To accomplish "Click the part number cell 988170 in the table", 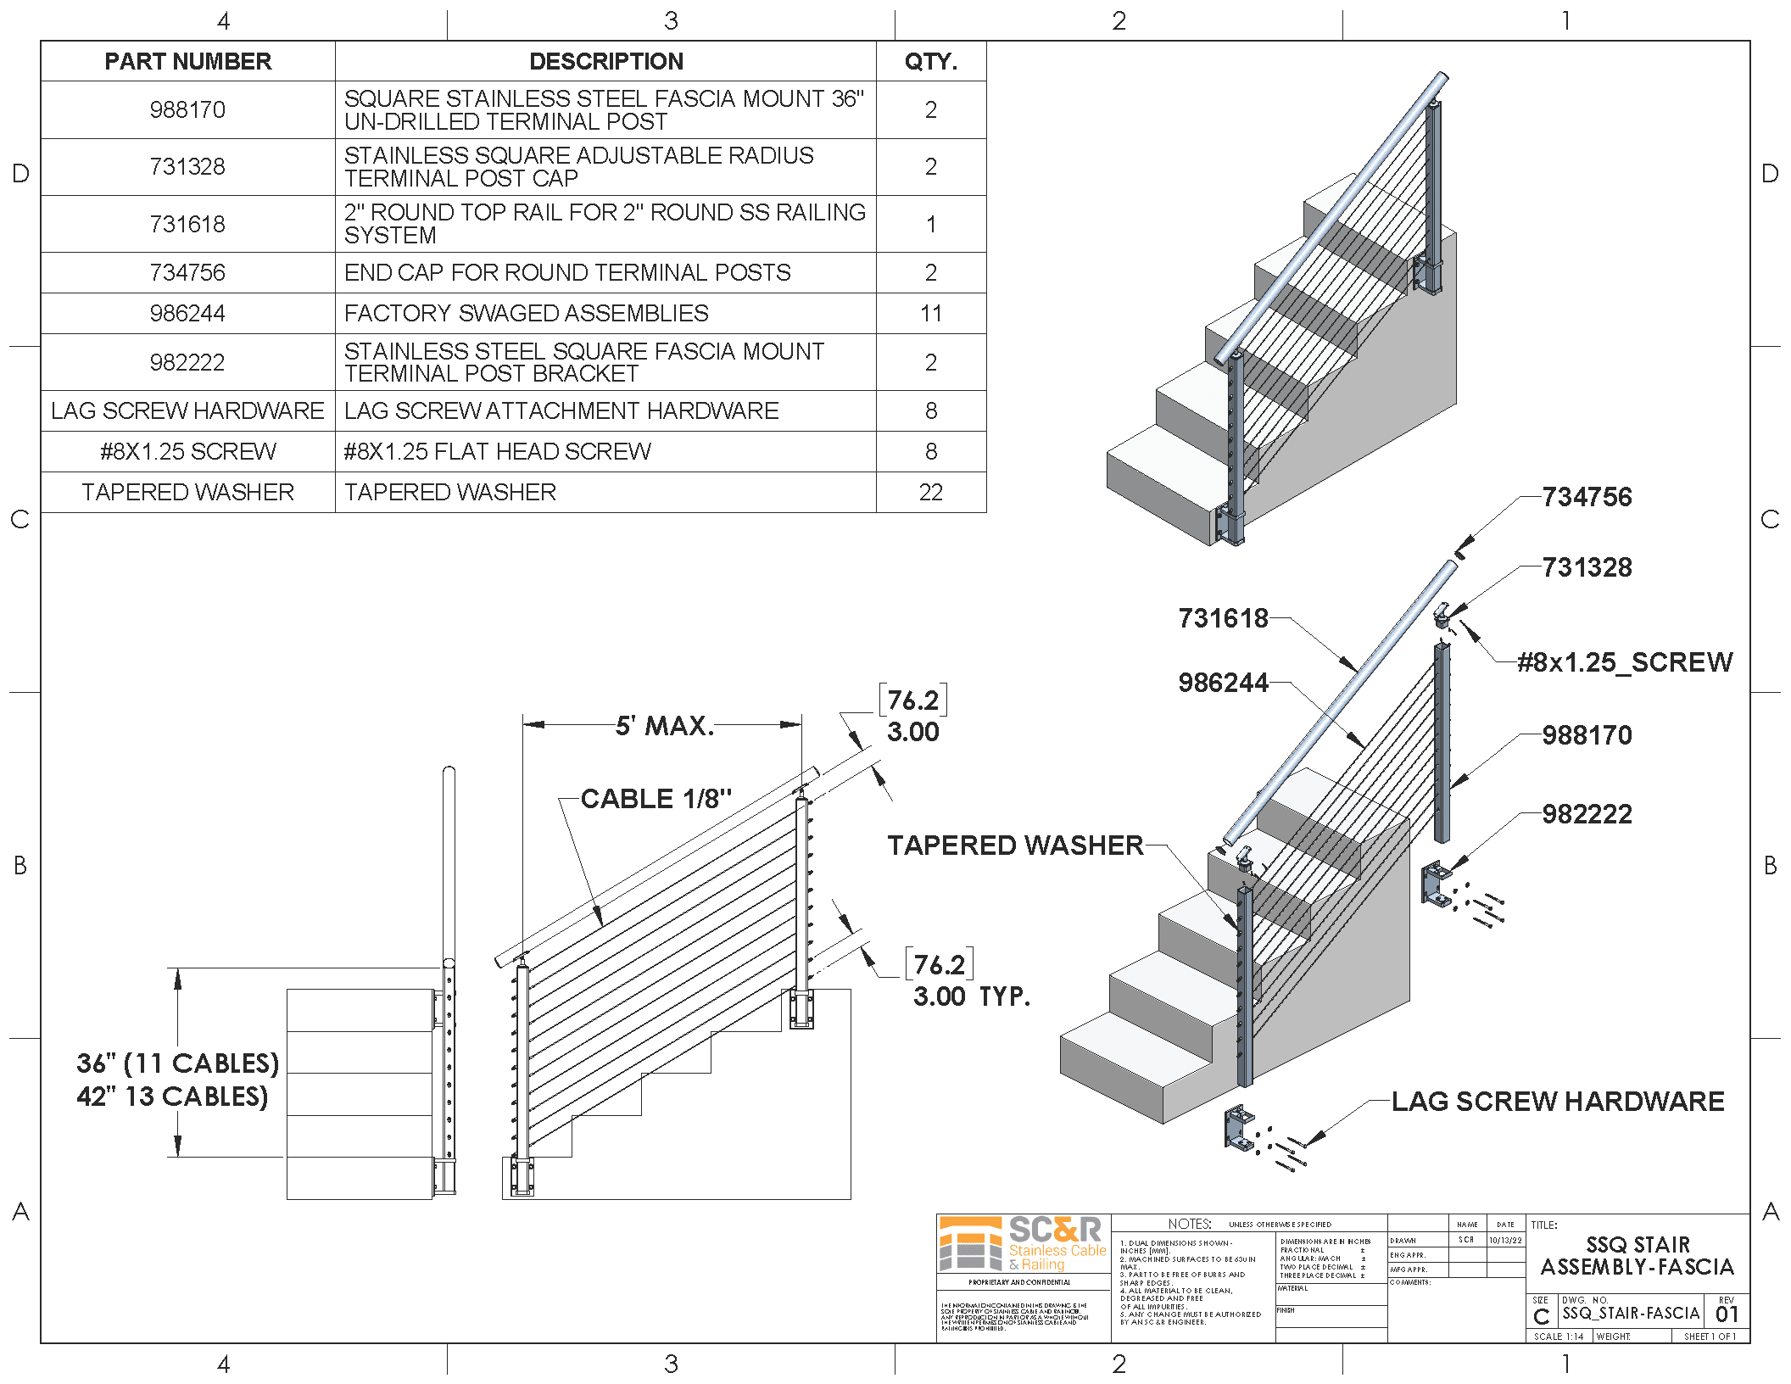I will point(187,110).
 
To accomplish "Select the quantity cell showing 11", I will point(930,314).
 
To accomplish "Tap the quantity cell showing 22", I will point(930,493).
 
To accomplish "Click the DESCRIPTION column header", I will point(605,61).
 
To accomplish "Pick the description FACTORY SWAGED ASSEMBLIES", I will point(526,314).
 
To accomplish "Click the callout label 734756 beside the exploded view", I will point(1587,497).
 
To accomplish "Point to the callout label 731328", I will point(1587,567).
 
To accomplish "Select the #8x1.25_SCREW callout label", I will point(1625,662).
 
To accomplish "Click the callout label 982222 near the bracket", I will point(1587,814).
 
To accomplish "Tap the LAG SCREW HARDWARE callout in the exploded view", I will point(1558,1102).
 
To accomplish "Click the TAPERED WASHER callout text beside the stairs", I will point(1015,845).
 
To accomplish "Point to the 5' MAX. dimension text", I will point(665,726).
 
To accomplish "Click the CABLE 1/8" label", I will point(656,799).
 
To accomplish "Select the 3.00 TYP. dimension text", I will point(971,996).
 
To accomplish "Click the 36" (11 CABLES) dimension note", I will point(177,1063).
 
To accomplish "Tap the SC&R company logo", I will point(1023,1243).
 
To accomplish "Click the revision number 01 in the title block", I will point(1727,1314).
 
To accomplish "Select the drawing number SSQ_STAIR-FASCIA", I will point(1631,1314).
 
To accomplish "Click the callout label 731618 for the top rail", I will point(1223,618).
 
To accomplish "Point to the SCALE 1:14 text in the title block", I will point(1558,1337).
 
